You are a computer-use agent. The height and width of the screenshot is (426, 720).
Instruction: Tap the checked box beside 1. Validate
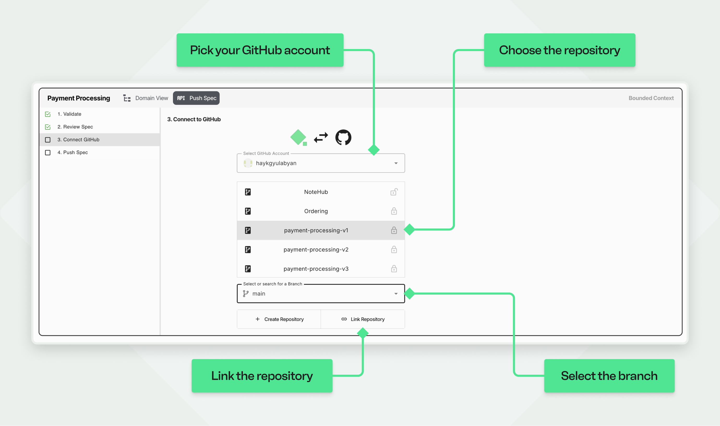point(48,114)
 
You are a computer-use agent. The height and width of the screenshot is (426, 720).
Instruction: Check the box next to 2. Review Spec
point(48,127)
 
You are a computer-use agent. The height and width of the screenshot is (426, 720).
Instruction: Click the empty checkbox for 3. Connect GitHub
point(48,140)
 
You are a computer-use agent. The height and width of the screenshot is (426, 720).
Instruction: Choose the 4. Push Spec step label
point(73,153)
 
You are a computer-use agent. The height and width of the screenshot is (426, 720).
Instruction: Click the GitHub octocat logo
point(343,137)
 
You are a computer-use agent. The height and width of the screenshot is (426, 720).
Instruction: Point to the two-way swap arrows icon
point(321,137)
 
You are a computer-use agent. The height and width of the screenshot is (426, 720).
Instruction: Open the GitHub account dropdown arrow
point(396,163)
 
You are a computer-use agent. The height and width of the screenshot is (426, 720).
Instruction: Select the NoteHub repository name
point(316,192)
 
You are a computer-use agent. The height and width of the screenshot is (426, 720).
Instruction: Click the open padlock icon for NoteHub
point(394,192)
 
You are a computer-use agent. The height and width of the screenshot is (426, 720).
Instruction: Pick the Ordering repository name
point(316,211)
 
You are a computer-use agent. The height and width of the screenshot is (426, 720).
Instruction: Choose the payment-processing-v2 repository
point(316,249)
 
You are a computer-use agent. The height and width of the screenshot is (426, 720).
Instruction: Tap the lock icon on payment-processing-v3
point(394,269)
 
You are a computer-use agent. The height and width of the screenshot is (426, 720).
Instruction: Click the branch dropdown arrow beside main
point(396,294)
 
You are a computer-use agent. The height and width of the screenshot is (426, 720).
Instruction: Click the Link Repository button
point(363,319)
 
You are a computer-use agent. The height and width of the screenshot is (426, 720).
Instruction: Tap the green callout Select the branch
point(609,376)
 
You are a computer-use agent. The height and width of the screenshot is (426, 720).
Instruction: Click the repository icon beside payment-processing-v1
point(248,230)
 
